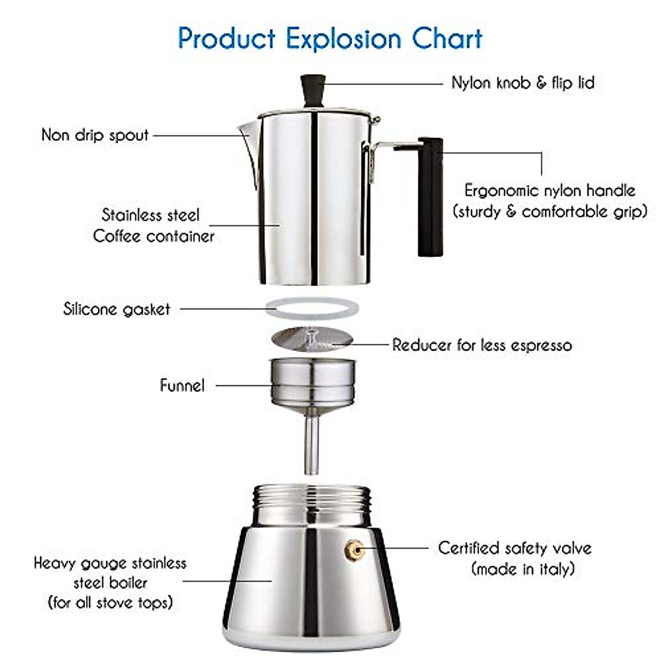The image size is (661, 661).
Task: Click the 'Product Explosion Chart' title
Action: tap(330, 39)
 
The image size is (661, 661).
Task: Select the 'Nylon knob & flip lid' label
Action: tap(523, 83)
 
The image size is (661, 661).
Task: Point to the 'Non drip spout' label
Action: tap(95, 135)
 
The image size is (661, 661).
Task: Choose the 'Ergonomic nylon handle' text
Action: tap(550, 191)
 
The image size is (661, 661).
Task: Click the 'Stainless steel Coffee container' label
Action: tap(153, 225)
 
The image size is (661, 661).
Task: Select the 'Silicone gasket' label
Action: tap(117, 309)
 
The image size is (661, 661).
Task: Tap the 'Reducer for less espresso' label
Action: tap(482, 345)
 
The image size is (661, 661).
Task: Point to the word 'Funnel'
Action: tap(182, 385)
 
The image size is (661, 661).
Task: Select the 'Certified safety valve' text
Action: tap(515, 548)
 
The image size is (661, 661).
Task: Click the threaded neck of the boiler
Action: tap(311, 504)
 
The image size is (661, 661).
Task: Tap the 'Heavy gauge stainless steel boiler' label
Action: tap(110, 573)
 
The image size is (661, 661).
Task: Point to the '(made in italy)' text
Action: tap(523, 568)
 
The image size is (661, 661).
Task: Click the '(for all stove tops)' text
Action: tap(110, 602)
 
